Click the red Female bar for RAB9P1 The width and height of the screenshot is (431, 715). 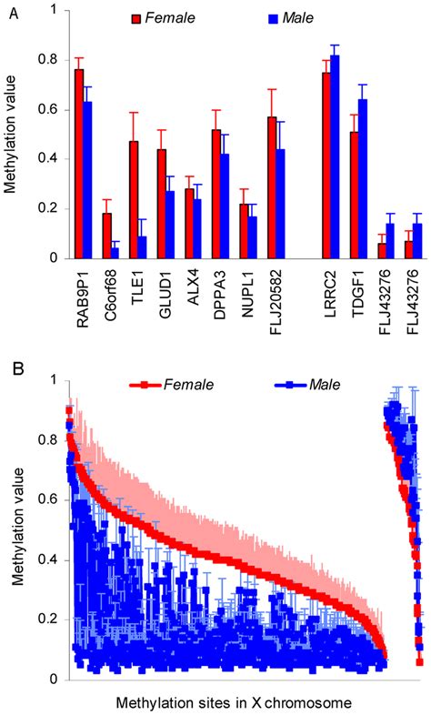[79, 164]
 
